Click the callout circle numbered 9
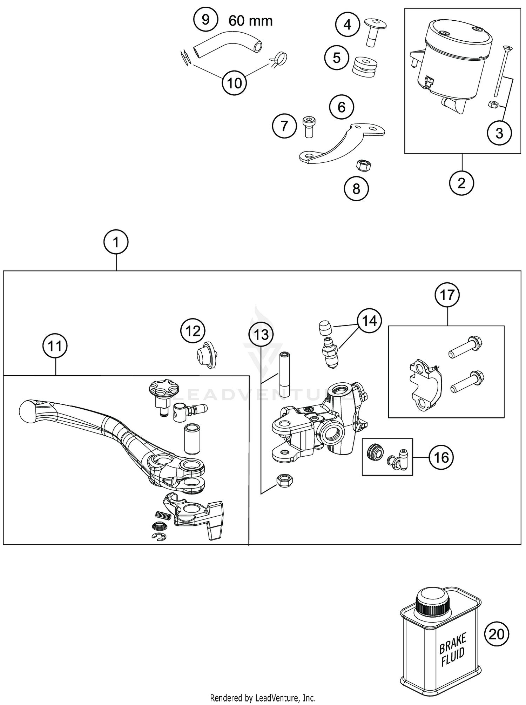point(205,20)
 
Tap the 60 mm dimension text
point(250,21)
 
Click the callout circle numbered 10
point(235,83)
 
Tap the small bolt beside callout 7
point(308,127)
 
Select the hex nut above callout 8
point(364,164)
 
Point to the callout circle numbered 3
point(499,133)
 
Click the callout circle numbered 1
point(116,242)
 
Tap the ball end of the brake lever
point(28,411)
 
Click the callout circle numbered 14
point(369,321)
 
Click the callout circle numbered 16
point(441,457)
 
